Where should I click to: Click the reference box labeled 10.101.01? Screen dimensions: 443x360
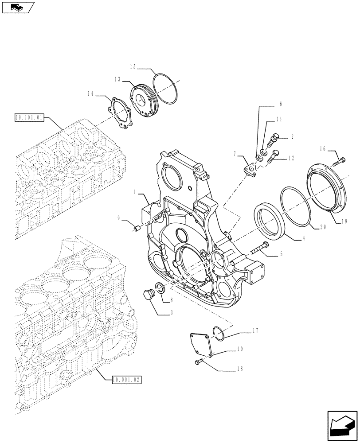point(29,118)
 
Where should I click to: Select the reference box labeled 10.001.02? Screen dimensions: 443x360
point(126,380)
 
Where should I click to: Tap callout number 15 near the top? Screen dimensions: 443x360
point(133,66)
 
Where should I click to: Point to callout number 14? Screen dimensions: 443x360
point(91,93)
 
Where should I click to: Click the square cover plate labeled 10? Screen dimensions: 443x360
point(202,344)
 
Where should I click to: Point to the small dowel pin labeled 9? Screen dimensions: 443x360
point(137,229)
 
